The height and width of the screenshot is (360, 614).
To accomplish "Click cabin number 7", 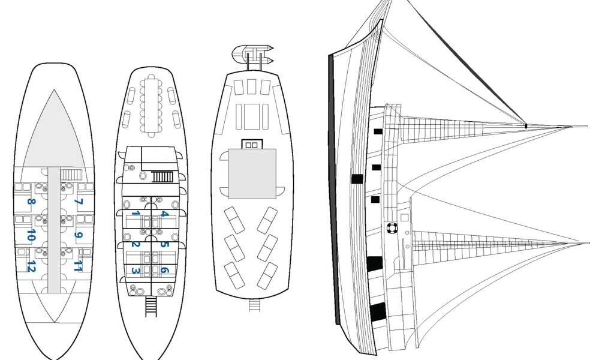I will [77, 202].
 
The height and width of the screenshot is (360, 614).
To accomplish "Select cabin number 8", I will [31, 202].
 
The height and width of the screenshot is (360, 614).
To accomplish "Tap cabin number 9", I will [77, 235].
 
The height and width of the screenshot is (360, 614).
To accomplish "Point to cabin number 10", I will [31, 236].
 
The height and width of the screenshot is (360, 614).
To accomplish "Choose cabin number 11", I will [77, 266].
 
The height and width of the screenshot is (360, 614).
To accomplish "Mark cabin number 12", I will [31, 266].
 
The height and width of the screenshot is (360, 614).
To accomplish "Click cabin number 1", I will [136, 214].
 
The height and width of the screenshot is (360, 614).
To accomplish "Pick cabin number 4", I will [164, 214].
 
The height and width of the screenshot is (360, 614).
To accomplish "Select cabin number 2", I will [136, 244].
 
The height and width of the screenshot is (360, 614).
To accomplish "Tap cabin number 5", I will [164, 244].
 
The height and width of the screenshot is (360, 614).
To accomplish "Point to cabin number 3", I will [136, 271].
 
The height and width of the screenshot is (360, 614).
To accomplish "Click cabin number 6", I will [164, 271].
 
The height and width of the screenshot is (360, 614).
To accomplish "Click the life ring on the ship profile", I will [392, 228].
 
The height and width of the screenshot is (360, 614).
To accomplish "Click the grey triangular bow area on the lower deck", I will [54, 132].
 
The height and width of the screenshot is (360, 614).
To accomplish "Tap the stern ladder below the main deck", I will [151, 306].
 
